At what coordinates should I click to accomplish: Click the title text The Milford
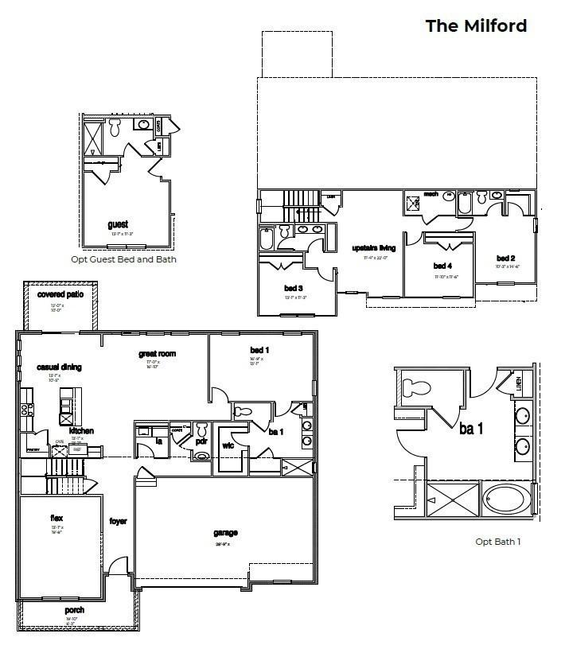tap(476, 25)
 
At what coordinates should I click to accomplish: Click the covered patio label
tap(60, 294)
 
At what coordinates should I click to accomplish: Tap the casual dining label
tap(60, 367)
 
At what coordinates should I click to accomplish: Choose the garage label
tap(225, 533)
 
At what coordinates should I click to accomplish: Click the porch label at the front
tap(75, 610)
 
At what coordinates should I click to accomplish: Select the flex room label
tap(56, 517)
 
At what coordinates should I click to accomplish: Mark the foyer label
tap(118, 522)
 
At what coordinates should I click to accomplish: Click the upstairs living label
tap(374, 248)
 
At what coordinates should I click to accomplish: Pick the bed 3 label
tap(292, 287)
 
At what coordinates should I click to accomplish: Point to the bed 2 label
tap(506, 258)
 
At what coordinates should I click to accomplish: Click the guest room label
tap(118, 224)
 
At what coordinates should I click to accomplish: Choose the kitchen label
tap(81, 430)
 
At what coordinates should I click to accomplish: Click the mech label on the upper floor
tap(431, 193)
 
